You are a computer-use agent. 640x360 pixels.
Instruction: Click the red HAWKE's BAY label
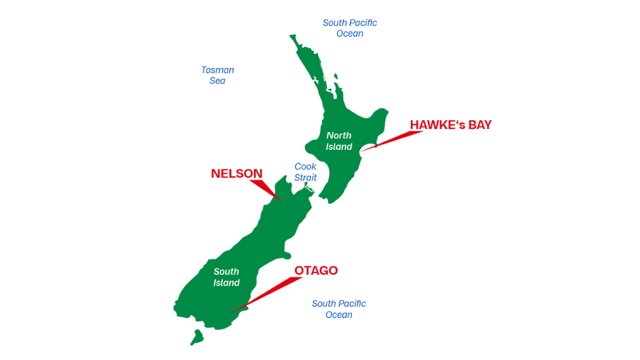coord(450,125)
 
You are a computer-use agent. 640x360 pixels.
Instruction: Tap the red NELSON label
coord(236,174)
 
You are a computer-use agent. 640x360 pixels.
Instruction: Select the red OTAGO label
coord(316,271)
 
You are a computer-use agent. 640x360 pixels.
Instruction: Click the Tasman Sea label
coord(217,76)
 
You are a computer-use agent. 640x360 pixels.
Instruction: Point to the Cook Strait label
coord(305,172)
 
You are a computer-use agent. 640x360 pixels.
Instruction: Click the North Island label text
coord(339,141)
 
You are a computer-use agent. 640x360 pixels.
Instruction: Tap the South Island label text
coord(227,277)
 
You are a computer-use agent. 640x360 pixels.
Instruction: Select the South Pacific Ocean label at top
coord(349,28)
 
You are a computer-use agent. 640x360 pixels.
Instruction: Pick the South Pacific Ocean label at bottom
coord(338,309)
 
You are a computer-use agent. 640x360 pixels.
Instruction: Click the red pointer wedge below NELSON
coord(265,189)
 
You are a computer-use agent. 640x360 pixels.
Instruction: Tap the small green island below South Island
coord(197,337)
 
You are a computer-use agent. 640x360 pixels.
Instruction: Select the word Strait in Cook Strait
coord(305,178)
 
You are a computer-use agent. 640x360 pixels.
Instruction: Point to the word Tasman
coord(218,70)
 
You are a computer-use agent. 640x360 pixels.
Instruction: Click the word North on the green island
coord(339,135)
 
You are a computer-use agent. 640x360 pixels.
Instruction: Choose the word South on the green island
coord(227,272)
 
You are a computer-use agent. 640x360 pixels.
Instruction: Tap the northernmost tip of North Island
coord(292,37)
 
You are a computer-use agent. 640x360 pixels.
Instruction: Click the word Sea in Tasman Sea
coord(217,81)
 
